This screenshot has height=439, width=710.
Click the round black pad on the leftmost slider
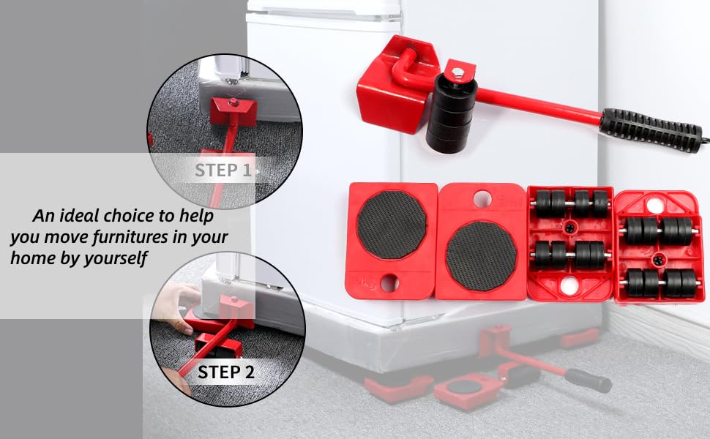[392, 225]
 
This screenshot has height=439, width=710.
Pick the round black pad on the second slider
[481, 255]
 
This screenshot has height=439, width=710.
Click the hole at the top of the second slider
[482, 198]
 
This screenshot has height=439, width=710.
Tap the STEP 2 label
[226, 372]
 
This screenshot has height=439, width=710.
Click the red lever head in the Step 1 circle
[233, 111]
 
